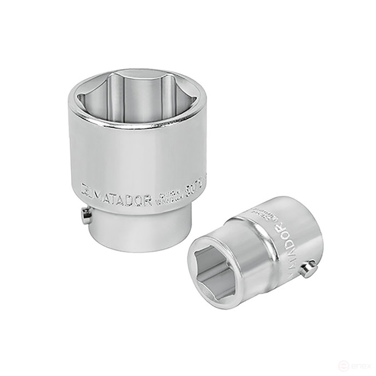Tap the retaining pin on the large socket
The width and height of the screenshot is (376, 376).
(x=86, y=216)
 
